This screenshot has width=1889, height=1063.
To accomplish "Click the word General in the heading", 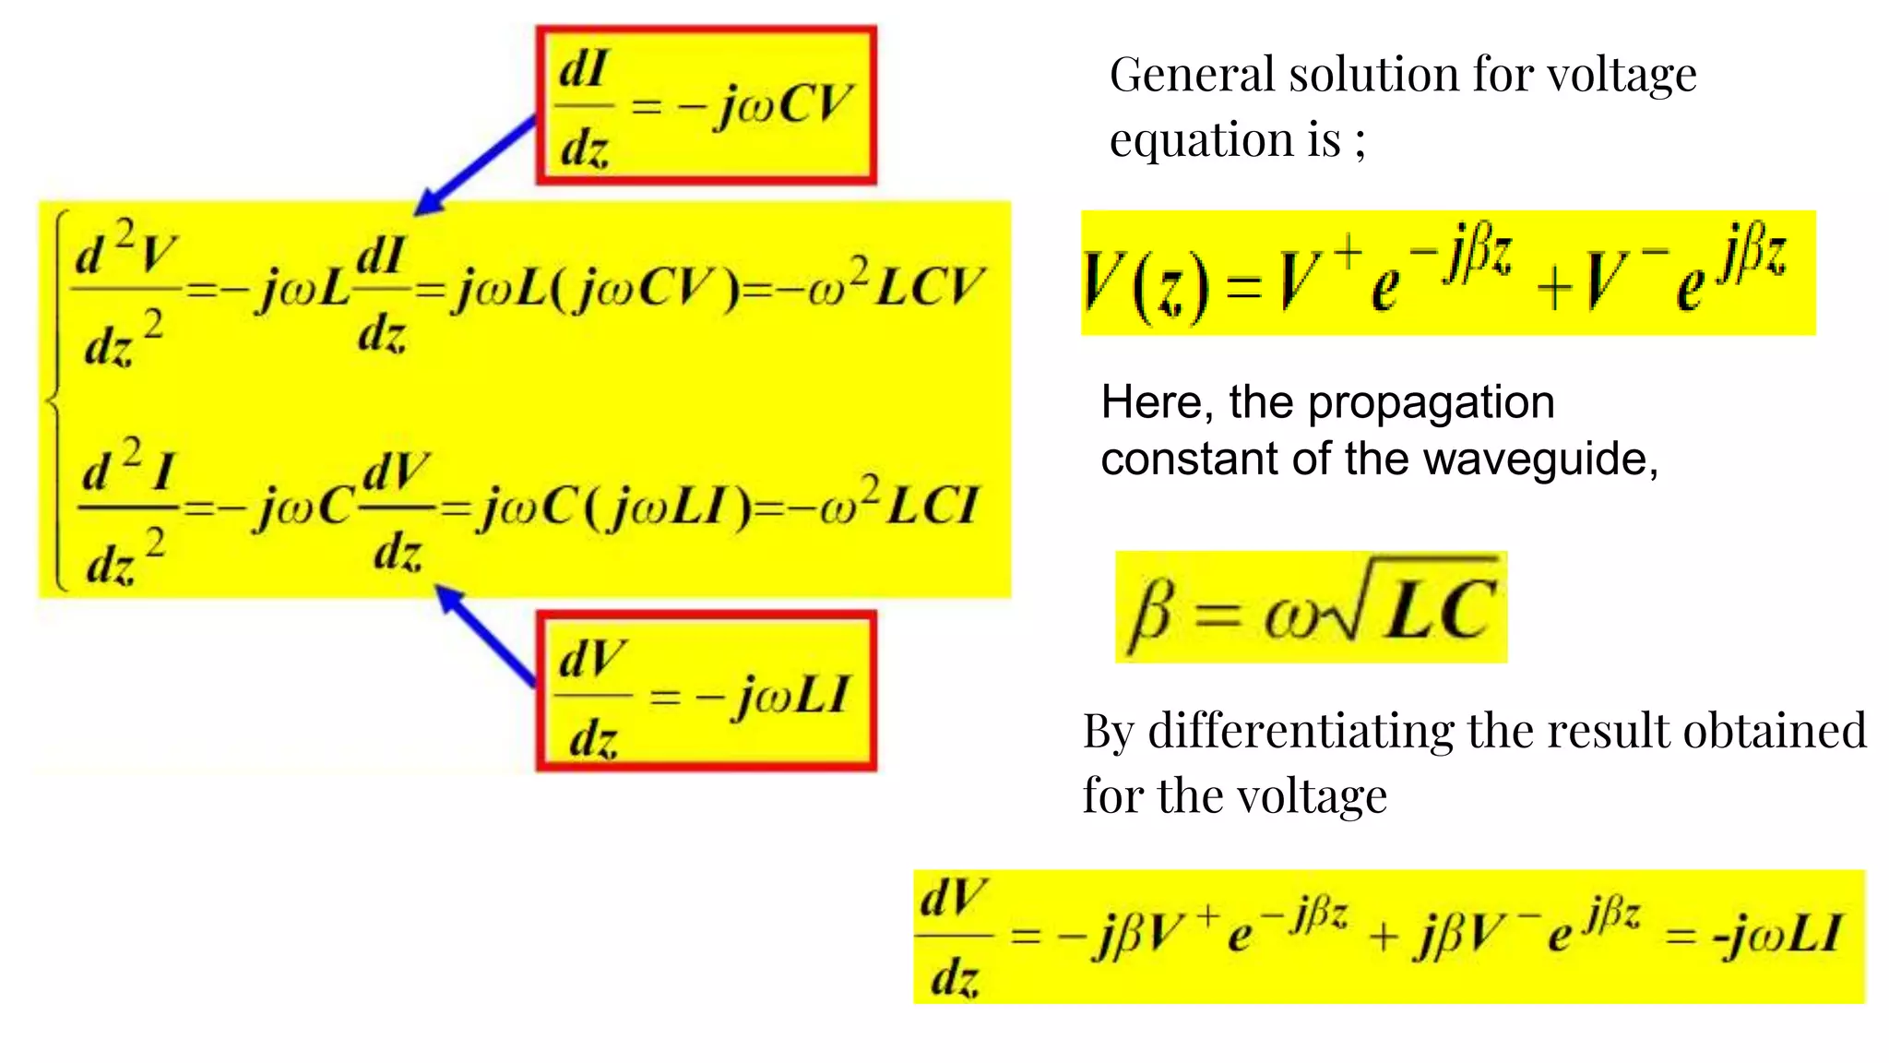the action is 1191,75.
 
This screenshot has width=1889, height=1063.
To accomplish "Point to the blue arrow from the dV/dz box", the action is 485,636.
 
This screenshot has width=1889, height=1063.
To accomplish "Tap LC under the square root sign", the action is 1441,611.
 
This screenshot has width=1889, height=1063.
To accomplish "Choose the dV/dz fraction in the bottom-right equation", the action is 954,938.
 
